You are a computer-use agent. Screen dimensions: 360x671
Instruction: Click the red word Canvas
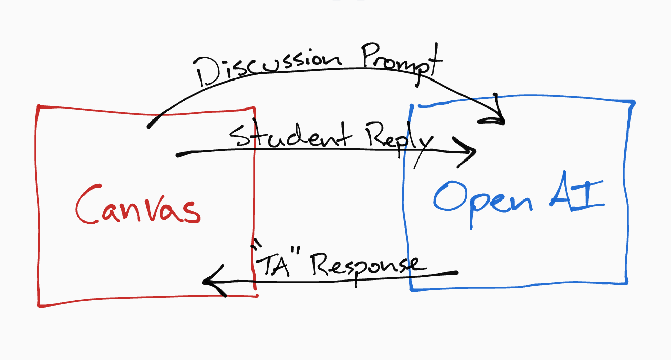pos(138,208)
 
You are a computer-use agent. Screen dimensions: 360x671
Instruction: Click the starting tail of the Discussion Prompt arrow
pos(149,125)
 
